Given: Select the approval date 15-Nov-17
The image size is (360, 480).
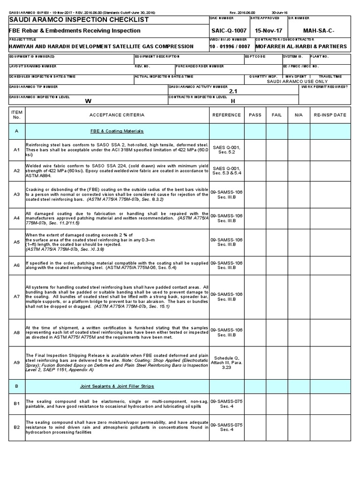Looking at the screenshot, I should point(265,30).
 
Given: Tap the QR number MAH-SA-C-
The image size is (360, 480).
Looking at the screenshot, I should point(319,30).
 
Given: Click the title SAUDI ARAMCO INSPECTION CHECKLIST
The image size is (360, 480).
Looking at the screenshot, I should point(79,20).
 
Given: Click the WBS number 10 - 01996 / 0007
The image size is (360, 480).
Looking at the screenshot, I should point(230,46).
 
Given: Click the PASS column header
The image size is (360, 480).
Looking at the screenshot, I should point(255,115).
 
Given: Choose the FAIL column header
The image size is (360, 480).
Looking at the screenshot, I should point(277,115).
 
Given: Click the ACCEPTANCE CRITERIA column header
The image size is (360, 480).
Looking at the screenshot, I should point(117,115).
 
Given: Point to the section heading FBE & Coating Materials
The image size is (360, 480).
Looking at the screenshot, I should point(117,131).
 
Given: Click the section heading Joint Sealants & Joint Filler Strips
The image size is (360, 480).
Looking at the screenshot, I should point(117,386).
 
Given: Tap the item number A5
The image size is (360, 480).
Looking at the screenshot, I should point(16,242).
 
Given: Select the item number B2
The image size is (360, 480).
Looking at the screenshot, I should point(16,427).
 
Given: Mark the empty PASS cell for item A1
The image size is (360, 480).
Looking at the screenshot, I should point(255,150).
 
